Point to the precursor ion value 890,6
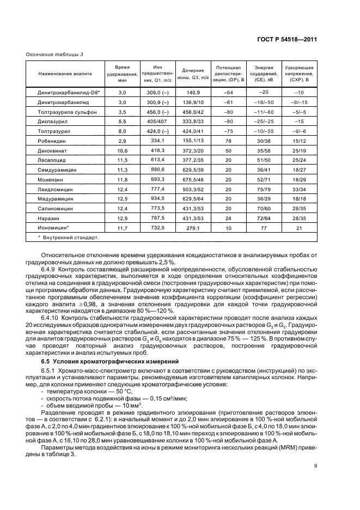point(158,169)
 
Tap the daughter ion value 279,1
point(193,228)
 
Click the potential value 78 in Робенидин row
point(229,140)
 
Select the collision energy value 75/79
point(264,189)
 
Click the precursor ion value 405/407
point(158,121)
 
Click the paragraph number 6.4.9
point(51,269)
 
